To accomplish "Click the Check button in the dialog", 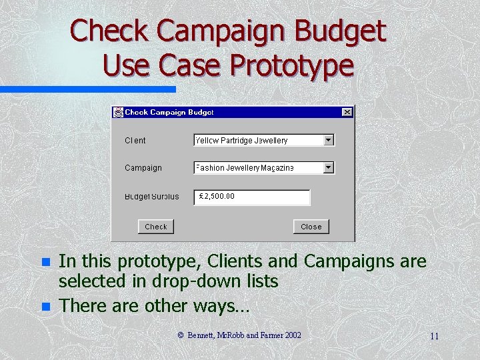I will click(156, 227).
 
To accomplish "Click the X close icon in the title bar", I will click(347, 112).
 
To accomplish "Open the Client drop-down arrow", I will click(328, 140).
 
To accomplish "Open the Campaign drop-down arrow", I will click(328, 168).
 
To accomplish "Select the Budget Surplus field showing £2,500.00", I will click(253, 197).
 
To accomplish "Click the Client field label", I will click(135, 141).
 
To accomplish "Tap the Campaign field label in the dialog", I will click(143, 168).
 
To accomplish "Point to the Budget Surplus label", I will click(152, 197).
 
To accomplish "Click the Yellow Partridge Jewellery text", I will click(242, 141).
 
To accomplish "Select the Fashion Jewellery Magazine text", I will click(245, 168).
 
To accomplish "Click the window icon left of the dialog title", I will click(119, 112).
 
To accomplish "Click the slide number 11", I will click(434, 336).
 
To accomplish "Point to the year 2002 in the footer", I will click(293, 335).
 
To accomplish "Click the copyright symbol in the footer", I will click(181, 335).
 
